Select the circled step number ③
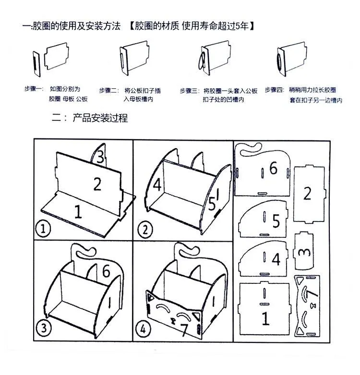(44, 329)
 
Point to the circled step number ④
(145, 330)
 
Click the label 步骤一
(34, 90)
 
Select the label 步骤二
(109, 90)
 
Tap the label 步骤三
(190, 90)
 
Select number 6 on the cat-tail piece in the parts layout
(273, 168)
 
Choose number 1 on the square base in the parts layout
(264, 318)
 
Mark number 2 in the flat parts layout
(307, 194)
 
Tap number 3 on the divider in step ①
(99, 157)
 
